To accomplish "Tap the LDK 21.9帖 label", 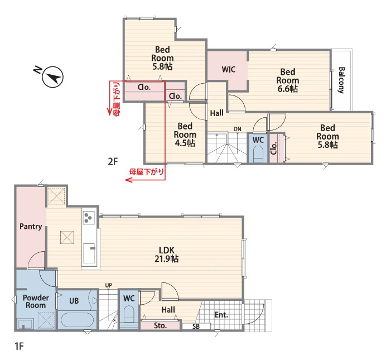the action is pyautogui.click(x=167, y=255).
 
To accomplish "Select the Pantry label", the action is pyautogui.click(x=31, y=227).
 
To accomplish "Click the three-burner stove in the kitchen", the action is pyautogui.click(x=89, y=218).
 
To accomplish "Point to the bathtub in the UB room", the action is pyautogui.click(x=77, y=320).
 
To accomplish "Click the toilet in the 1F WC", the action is pyautogui.click(x=129, y=314).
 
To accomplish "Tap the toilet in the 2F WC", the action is pyautogui.click(x=258, y=154).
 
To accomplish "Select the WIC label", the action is pyautogui.click(x=229, y=69).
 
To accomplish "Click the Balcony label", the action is pyautogui.click(x=341, y=80).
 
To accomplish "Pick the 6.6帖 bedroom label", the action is pyautogui.click(x=287, y=80).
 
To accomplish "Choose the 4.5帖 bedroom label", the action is pyautogui.click(x=185, y=135).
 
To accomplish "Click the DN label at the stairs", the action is pyautogui.click(x=238, y=129).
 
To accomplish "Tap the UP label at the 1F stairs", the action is pyautogui.click(x=109, y=285).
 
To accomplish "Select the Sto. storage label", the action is pyautogui.click(x=160, y=325).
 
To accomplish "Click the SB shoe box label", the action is pyautogui.click(x=196, y=327).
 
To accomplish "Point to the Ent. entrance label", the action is pyautogui.click(x=221, y=315).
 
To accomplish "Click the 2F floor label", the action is pyautogui.click(x=113, y=161).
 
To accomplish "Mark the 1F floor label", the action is pyautogui.click(x=19, y=346).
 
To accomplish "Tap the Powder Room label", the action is pyautogui.click(x=36, y=301).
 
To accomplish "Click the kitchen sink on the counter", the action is pyautogui.click(x=89, y=253).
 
